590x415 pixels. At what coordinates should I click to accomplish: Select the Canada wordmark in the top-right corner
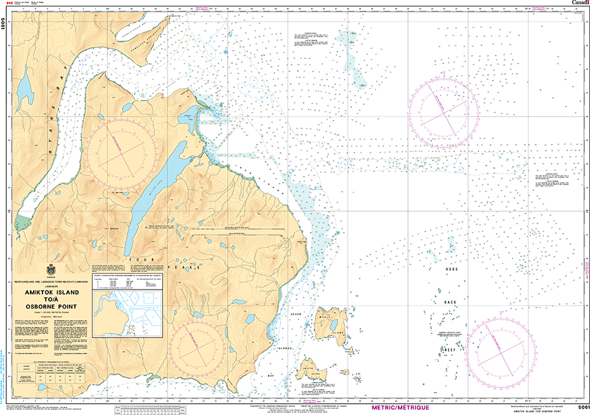580,3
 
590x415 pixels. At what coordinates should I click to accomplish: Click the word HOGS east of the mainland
451,270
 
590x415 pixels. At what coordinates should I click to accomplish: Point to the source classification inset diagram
126,310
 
